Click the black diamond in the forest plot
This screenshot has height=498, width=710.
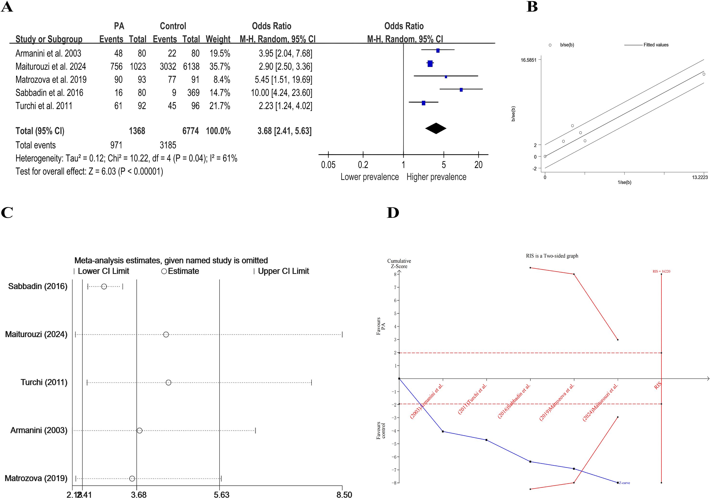436,128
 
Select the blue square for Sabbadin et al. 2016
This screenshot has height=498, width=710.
461,90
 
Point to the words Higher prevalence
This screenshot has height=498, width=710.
436,177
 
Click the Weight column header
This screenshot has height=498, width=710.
218,39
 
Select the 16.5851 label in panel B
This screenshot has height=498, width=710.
528,60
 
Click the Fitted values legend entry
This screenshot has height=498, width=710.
656,45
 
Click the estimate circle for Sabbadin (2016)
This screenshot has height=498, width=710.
104,286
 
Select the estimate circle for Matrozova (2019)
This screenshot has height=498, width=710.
132,479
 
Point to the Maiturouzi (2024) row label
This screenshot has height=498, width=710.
36,334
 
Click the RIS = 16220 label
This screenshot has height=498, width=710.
661,271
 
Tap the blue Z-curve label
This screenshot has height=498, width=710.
624,483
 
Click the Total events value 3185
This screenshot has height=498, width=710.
168,145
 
